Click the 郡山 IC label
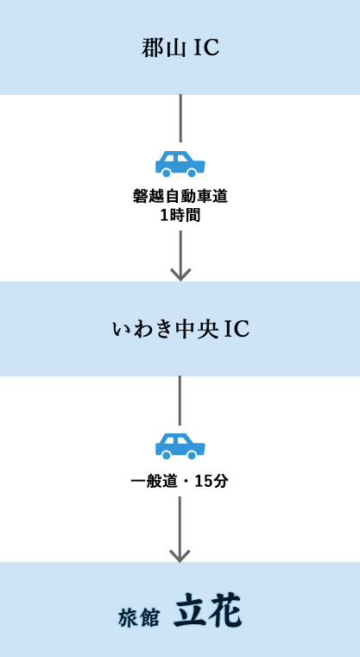[180, 47]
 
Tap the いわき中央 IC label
[180, 329]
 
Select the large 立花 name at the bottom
[208, 611]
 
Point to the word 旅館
[139, 617]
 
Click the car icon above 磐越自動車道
[180, 164]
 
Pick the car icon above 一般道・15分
[180, 445]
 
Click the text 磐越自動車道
[180, 196]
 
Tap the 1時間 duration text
[180, 215]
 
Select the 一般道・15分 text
[180, 481]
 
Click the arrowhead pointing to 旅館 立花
[180, 554]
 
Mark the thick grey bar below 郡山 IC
[180, 118]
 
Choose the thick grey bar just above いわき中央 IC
[180, 268]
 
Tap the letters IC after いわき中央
[236, 329]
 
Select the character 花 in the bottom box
[225, 611]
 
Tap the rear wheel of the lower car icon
[167, 453]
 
